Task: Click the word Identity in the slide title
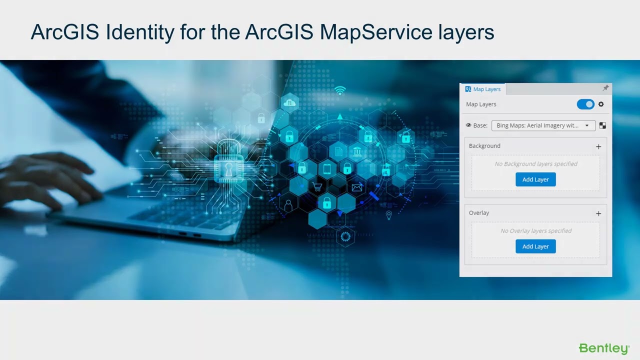140,32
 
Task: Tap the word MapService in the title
375,32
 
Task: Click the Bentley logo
603,348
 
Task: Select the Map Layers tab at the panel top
483,89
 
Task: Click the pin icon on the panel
605,88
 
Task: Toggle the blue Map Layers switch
585,104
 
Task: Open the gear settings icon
601,104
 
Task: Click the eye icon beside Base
468,125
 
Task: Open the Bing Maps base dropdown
543,125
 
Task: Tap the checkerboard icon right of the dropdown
602,125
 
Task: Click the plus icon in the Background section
598,146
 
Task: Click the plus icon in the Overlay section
598,213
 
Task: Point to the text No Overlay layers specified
535,231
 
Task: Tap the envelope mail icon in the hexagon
356,187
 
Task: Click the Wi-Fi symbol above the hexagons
340,90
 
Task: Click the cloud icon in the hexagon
289,103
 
